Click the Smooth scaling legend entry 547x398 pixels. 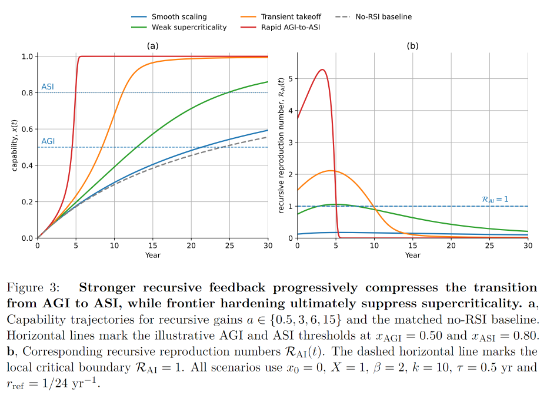169,16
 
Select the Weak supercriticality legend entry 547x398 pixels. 179,27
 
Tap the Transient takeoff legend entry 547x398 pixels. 281,16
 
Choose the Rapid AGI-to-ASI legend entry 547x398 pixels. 281,27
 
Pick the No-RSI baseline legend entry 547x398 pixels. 373,16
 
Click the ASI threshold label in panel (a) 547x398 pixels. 48,87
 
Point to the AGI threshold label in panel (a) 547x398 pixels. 48,141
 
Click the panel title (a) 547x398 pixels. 153,46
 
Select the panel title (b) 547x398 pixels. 413,46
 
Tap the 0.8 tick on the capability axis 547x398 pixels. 27,93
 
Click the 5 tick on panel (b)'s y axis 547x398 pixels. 291,78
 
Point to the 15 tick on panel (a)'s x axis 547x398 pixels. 153,246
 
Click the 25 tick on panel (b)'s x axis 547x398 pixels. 489,246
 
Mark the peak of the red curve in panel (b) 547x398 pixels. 322,69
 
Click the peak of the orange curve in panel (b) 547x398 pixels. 331,170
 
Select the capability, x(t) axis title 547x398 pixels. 14,145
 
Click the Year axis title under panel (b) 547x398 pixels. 413,255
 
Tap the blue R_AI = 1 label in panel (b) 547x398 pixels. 495,200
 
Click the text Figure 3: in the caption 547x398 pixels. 33,288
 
